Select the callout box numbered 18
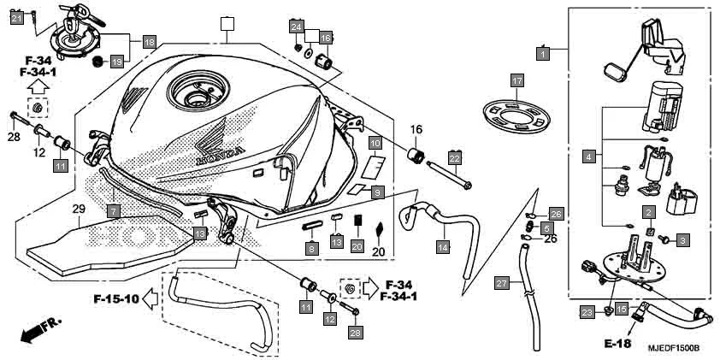coord(149,41)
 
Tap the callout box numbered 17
coord(516,80)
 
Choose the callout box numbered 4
coord(588,156)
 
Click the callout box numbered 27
coord(502,281)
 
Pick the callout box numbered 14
coord(442,247)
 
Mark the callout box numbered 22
coord(455,158)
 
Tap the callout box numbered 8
coord(312,248)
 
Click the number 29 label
coord(79,210)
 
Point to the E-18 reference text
coord(616,343)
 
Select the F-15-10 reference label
coord(115,299)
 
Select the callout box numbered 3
coord(682,241)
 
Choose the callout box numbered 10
coord(375,143)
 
